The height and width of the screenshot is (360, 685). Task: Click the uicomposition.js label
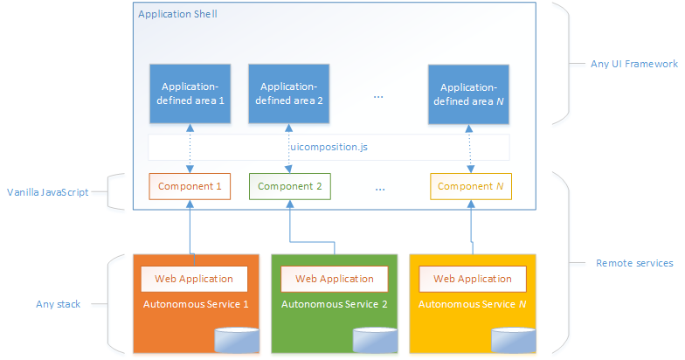[x=329, y=147]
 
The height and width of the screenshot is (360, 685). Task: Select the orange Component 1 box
[x=190, y=187]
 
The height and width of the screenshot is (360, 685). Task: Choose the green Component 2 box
[x=290, y=187]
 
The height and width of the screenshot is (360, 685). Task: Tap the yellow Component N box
[x=471, y=187]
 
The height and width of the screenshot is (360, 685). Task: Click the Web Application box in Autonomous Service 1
[x=194, y=279]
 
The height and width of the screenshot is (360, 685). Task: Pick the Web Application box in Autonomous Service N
[x=472, y=279]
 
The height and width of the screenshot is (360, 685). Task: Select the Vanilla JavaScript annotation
[x=48, y=192]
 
